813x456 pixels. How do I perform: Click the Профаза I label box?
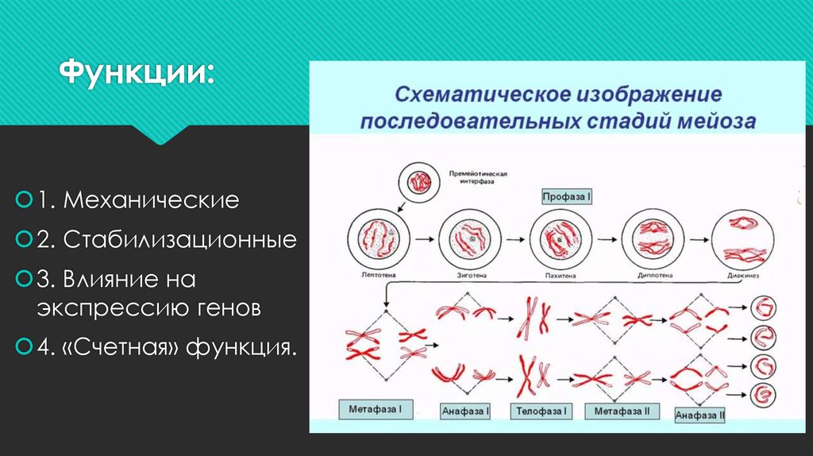567,195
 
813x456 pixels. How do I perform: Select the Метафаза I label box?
376,411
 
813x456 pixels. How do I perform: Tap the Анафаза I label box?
465,412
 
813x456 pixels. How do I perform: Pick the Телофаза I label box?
541,412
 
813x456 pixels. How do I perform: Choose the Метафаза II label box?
622,412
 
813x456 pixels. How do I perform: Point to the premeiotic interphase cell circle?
418,183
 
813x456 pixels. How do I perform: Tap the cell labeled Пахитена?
561,238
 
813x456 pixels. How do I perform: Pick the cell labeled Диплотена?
653,238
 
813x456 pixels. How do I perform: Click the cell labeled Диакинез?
743,238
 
